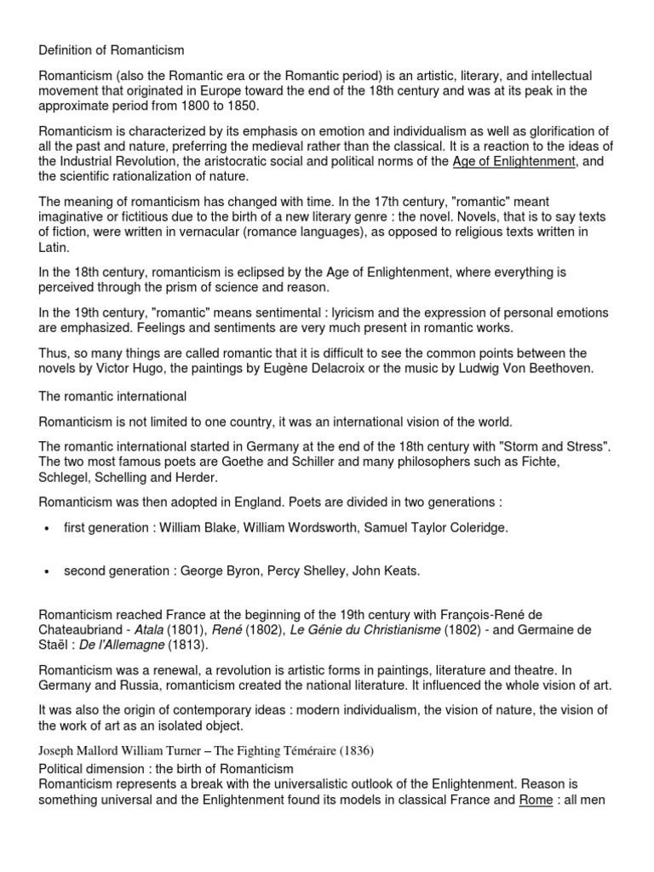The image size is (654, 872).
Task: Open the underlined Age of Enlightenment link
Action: point(514,162)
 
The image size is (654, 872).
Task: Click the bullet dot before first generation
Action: point(47,529)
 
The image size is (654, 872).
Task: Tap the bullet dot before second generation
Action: point(47,571)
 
